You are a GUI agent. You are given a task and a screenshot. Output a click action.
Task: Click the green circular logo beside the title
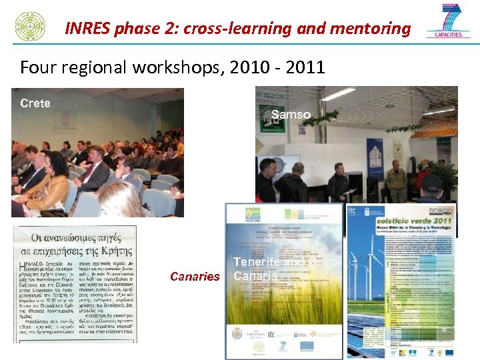pyautogui.click(x=30, y=25)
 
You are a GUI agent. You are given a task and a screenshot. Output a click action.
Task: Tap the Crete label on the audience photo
pyautogui.click(x=35, y=103)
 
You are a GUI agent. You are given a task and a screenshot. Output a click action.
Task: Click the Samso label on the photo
pyautogui.click(x=291, y=115)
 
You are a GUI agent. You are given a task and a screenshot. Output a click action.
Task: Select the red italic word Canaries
pyautogui.click(x=194, y=276)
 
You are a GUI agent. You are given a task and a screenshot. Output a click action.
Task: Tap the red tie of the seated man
pyautogui.click(x=87, y=172)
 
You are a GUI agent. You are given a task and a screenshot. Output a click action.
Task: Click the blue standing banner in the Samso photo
pyautogui.click(x=375, y=159)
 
